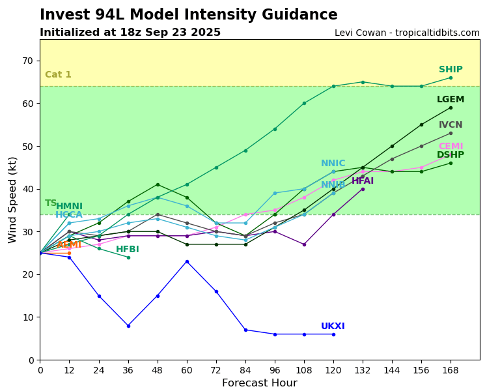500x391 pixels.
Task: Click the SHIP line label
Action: click(x=451, y=70)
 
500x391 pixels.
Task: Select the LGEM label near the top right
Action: click(x=451, y=100)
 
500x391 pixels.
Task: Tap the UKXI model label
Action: click(x=333, y=326)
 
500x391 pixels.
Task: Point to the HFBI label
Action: click(x=128, y=250)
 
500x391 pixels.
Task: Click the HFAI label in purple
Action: click(x=363, y=181)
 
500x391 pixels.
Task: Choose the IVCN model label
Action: click(x=451, y=125)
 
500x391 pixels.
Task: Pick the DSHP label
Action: click(x=451, y=155)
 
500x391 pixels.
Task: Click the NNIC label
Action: click(x=333, y=164)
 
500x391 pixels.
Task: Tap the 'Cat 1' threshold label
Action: click(x=58, y=75)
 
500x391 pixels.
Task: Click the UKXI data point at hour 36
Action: click(x=128, y=326)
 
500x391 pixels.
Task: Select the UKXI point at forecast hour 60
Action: click(x=187, y=261)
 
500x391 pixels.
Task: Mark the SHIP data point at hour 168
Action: click(x=451, y=78)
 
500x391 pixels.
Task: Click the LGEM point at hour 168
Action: click(x=451, y=108)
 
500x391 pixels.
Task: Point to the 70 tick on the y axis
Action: click(x=28, y=61)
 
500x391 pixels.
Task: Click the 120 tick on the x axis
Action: click(x=333, y=370)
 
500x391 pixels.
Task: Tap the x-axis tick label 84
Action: click(x=245, y=370)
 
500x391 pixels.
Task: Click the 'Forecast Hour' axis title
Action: click(x=259, y=383)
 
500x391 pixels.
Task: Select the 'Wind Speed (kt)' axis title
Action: click(x=13, y=199)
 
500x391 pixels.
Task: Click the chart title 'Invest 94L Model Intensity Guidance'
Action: click(x=189, y=15)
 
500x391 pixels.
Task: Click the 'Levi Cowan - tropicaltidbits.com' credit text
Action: click(x=407, y=33)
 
